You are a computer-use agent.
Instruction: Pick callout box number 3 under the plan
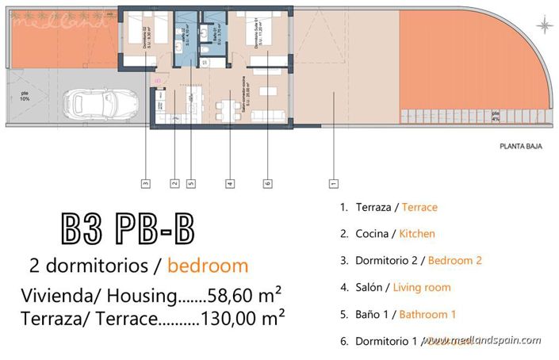click(x=145, y=184)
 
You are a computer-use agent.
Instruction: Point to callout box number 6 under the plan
click(x=267, y=184)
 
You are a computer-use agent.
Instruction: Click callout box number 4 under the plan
click(x=229, y=184)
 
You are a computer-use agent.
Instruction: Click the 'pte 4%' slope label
click(x=496, y=117)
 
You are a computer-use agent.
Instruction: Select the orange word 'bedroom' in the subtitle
click(x=208, y=266)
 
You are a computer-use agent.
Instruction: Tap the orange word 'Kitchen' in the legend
click(x=416, y=234)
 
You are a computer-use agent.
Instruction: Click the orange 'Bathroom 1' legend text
click(x=427, y=314)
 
